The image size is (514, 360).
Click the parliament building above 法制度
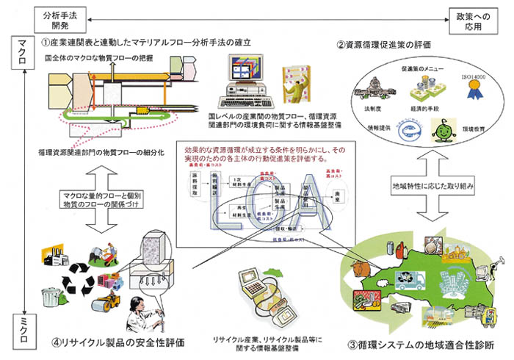tap(368, 99)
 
